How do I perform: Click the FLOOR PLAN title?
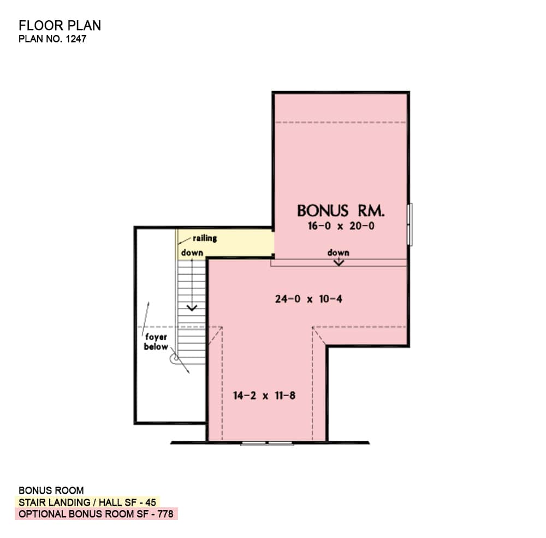click(x=60, y=26)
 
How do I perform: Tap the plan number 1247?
click(x=76, y=39)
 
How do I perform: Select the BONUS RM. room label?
click(x=341, y=211)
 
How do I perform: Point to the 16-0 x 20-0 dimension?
click(x=341, y=226)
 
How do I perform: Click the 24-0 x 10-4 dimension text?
click(x=308, y=299)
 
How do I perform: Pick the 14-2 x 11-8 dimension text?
click(x=264, y=395)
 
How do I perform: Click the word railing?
click(x=205, y=238)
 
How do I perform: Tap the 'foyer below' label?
click(x=156, y=342)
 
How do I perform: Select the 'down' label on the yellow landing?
click(x=192, y=253)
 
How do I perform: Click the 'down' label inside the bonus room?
click(x=338, y=253)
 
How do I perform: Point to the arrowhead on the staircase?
click(x=192, y=308)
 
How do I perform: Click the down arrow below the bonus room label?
click(x=339, y=262)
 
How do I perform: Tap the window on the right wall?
click(x=410, y=224)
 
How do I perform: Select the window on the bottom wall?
click(x=267, y=443)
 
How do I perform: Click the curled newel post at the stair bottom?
click(x=175, y=358)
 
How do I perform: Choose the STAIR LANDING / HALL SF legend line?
click(x=87, y=502)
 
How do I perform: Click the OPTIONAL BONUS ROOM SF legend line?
click(x=96, y=514)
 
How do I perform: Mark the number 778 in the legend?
click(x=165, y=514)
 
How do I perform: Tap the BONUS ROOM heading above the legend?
click(x=51, y=490)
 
